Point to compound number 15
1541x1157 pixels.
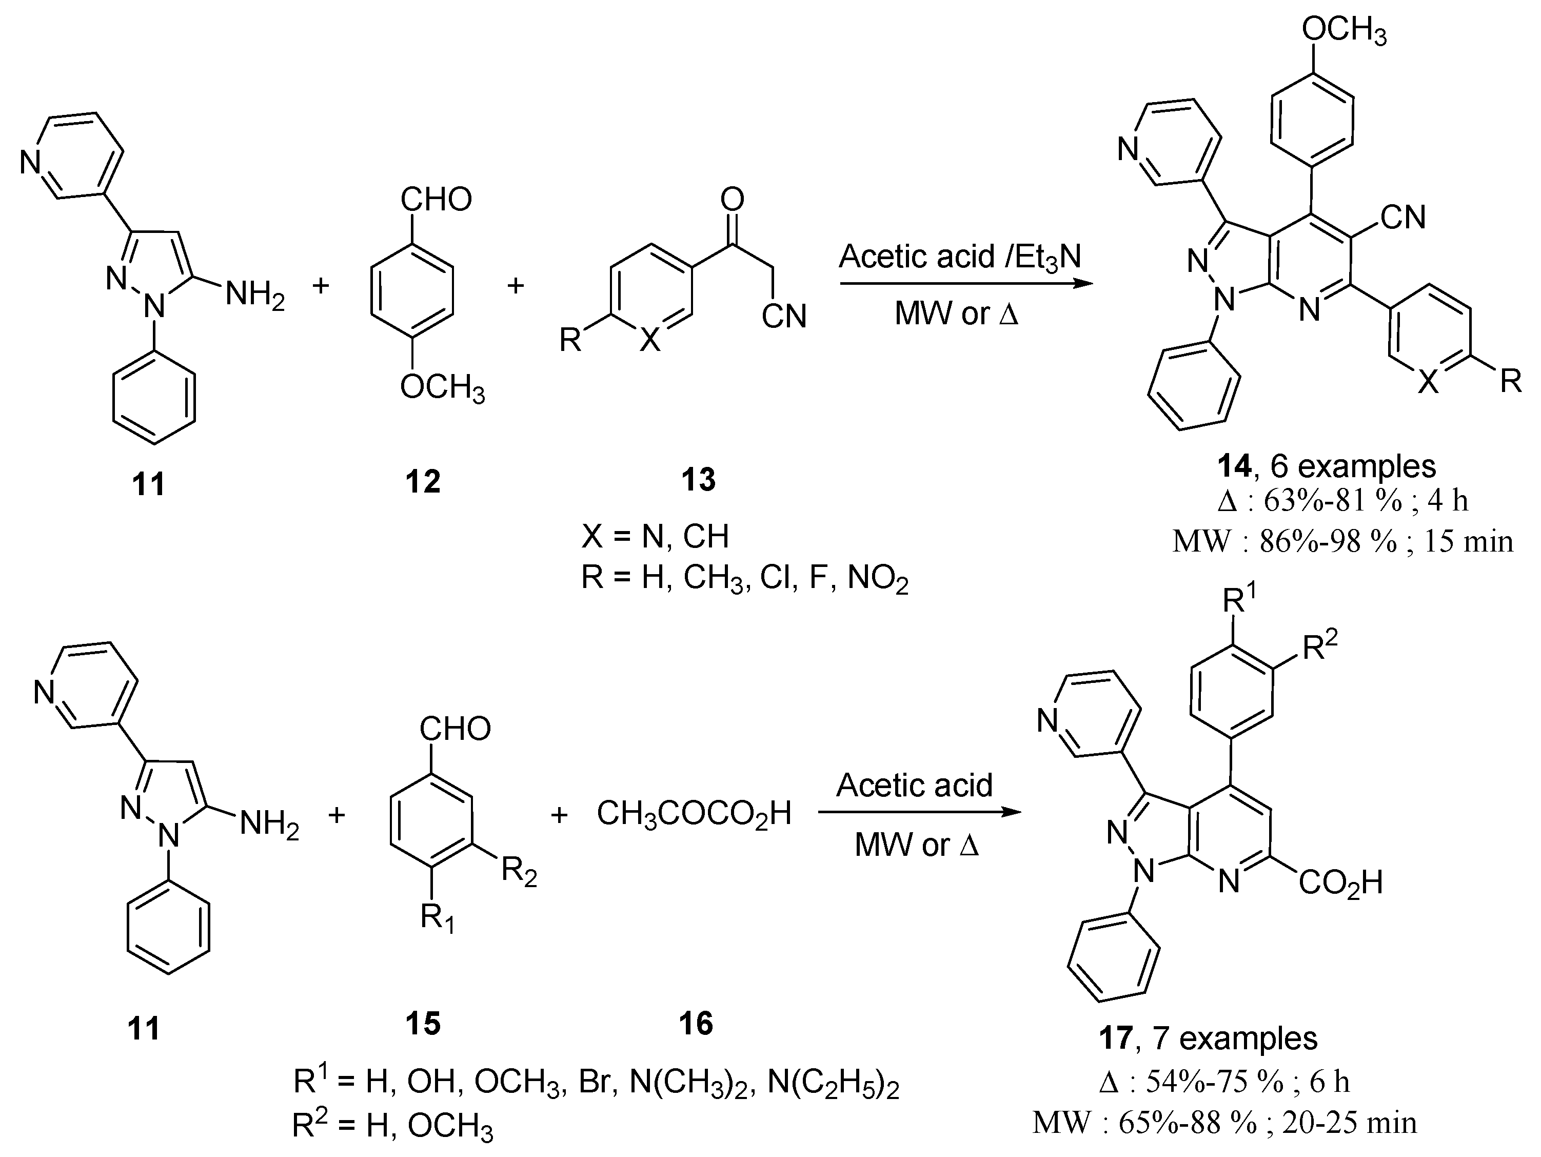pyautogui.click(x=423, y=1023)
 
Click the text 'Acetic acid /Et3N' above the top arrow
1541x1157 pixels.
pyautogui.click(x=959, y=257)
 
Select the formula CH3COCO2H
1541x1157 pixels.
pyautogui.click(x=694, y=813)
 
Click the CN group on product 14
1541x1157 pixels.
pyautogui.click(x=1402, y=218)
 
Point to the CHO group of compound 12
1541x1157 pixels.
pyautogui.click(x=436, y=200)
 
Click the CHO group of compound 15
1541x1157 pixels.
pyautogui.click(x=455, y=729)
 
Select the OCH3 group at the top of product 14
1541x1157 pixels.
pyautogui.click(x=1344, y=31)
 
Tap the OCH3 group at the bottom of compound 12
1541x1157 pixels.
pyautogui.click(x=442, y=387)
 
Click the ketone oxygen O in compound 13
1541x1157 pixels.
pyautogui.click(x=732, y=200)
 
